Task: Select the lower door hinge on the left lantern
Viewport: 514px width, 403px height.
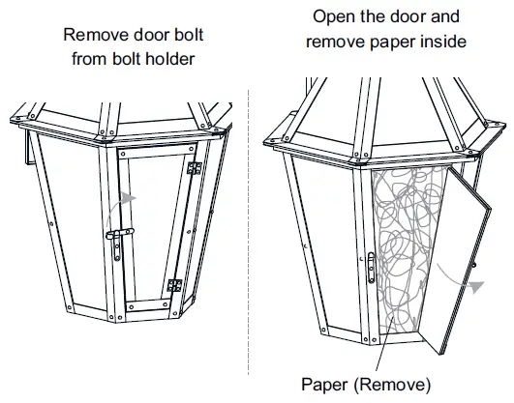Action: point(174,285)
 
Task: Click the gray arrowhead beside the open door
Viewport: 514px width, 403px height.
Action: point(476,284)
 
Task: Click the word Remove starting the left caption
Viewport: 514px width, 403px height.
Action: point(92,35)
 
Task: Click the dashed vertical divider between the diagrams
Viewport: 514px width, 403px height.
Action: point(250,242)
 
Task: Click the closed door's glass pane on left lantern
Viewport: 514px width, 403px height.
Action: point(155,222)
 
